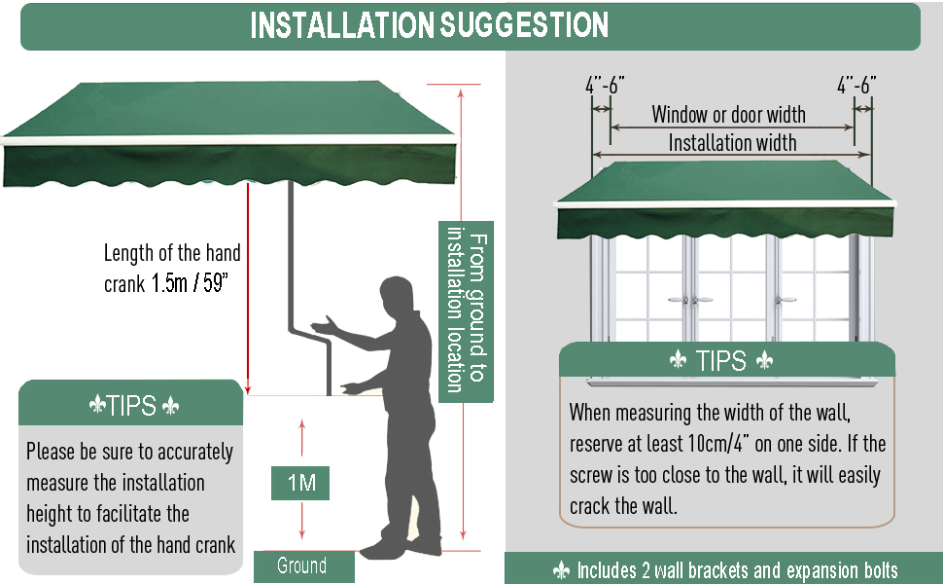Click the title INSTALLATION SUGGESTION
(x=429, y=25)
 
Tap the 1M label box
(x=300, y=482)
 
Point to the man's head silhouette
(x=399, y=298)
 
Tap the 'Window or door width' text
(x=728, y=115)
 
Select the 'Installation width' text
(x=732, y=144)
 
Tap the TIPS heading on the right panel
(x=721, y=361)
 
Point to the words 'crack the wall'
(x=628, y=507)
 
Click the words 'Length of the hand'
(x=172, y=254)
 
